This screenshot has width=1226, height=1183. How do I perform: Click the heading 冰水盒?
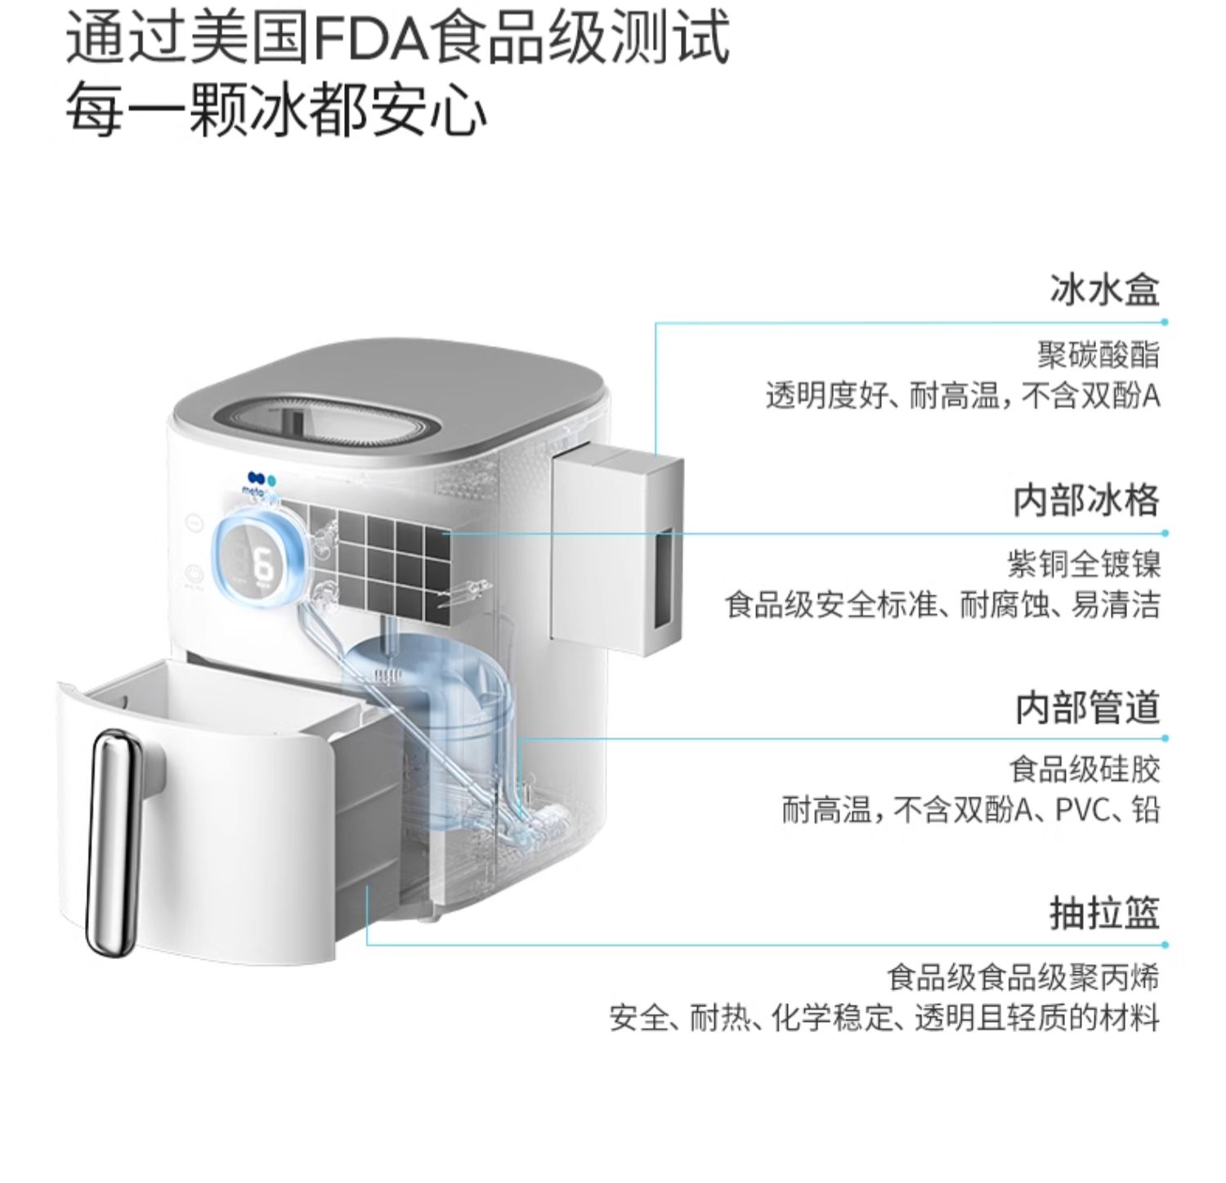[x=1105, y=290]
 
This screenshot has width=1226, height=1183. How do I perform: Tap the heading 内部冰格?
[x=1086, y=500]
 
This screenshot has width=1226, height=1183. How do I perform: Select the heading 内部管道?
[x=1088, y=707]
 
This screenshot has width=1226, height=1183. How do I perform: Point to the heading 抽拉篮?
[x=1105, y=913]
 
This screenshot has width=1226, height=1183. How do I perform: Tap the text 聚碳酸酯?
[x=1098, y=355]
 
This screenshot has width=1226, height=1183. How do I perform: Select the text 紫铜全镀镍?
[x=1083, y=564]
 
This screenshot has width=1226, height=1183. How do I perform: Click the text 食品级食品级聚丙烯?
[x=1023, y=977]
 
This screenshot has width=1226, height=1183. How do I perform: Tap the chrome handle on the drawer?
[x=113, y=842]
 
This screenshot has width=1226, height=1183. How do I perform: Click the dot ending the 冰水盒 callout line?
[x=1165, y=322]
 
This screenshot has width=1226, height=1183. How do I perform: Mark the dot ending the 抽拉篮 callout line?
[x=1165, y=945]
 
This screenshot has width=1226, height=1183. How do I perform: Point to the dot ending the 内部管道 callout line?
[x=1165, y=738]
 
